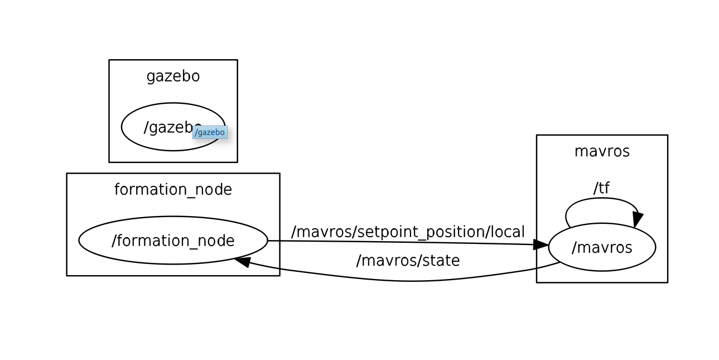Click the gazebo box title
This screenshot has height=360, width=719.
tap(173, 76)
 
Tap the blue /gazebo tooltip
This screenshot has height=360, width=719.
tap(210, 132)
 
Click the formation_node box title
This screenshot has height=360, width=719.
tap(173, 190)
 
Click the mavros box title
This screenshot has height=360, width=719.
tap(602, 151)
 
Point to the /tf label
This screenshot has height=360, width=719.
tap(601, 188)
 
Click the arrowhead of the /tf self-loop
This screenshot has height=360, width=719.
tap(637, 219)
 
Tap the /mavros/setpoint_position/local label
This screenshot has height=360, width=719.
tap(408, 232)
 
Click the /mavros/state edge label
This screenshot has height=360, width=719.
tap(408, 261)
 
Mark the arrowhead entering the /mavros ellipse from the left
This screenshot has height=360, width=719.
tap(541, 244)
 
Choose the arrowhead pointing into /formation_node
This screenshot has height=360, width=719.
tap(242, 261)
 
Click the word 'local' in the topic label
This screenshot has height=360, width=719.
tap(508, 232)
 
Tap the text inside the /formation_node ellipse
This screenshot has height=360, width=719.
tap(173, 241)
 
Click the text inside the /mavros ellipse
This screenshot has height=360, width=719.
tap(602, 247)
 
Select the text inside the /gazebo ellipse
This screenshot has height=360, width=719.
tap(167, 127)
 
